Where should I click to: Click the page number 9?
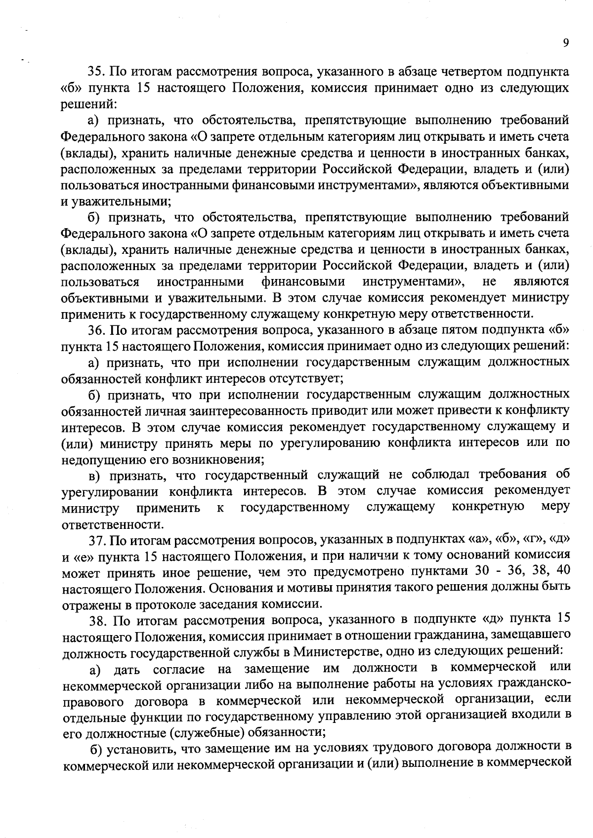coord(565,43)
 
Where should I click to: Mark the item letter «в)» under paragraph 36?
coord(97,476)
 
